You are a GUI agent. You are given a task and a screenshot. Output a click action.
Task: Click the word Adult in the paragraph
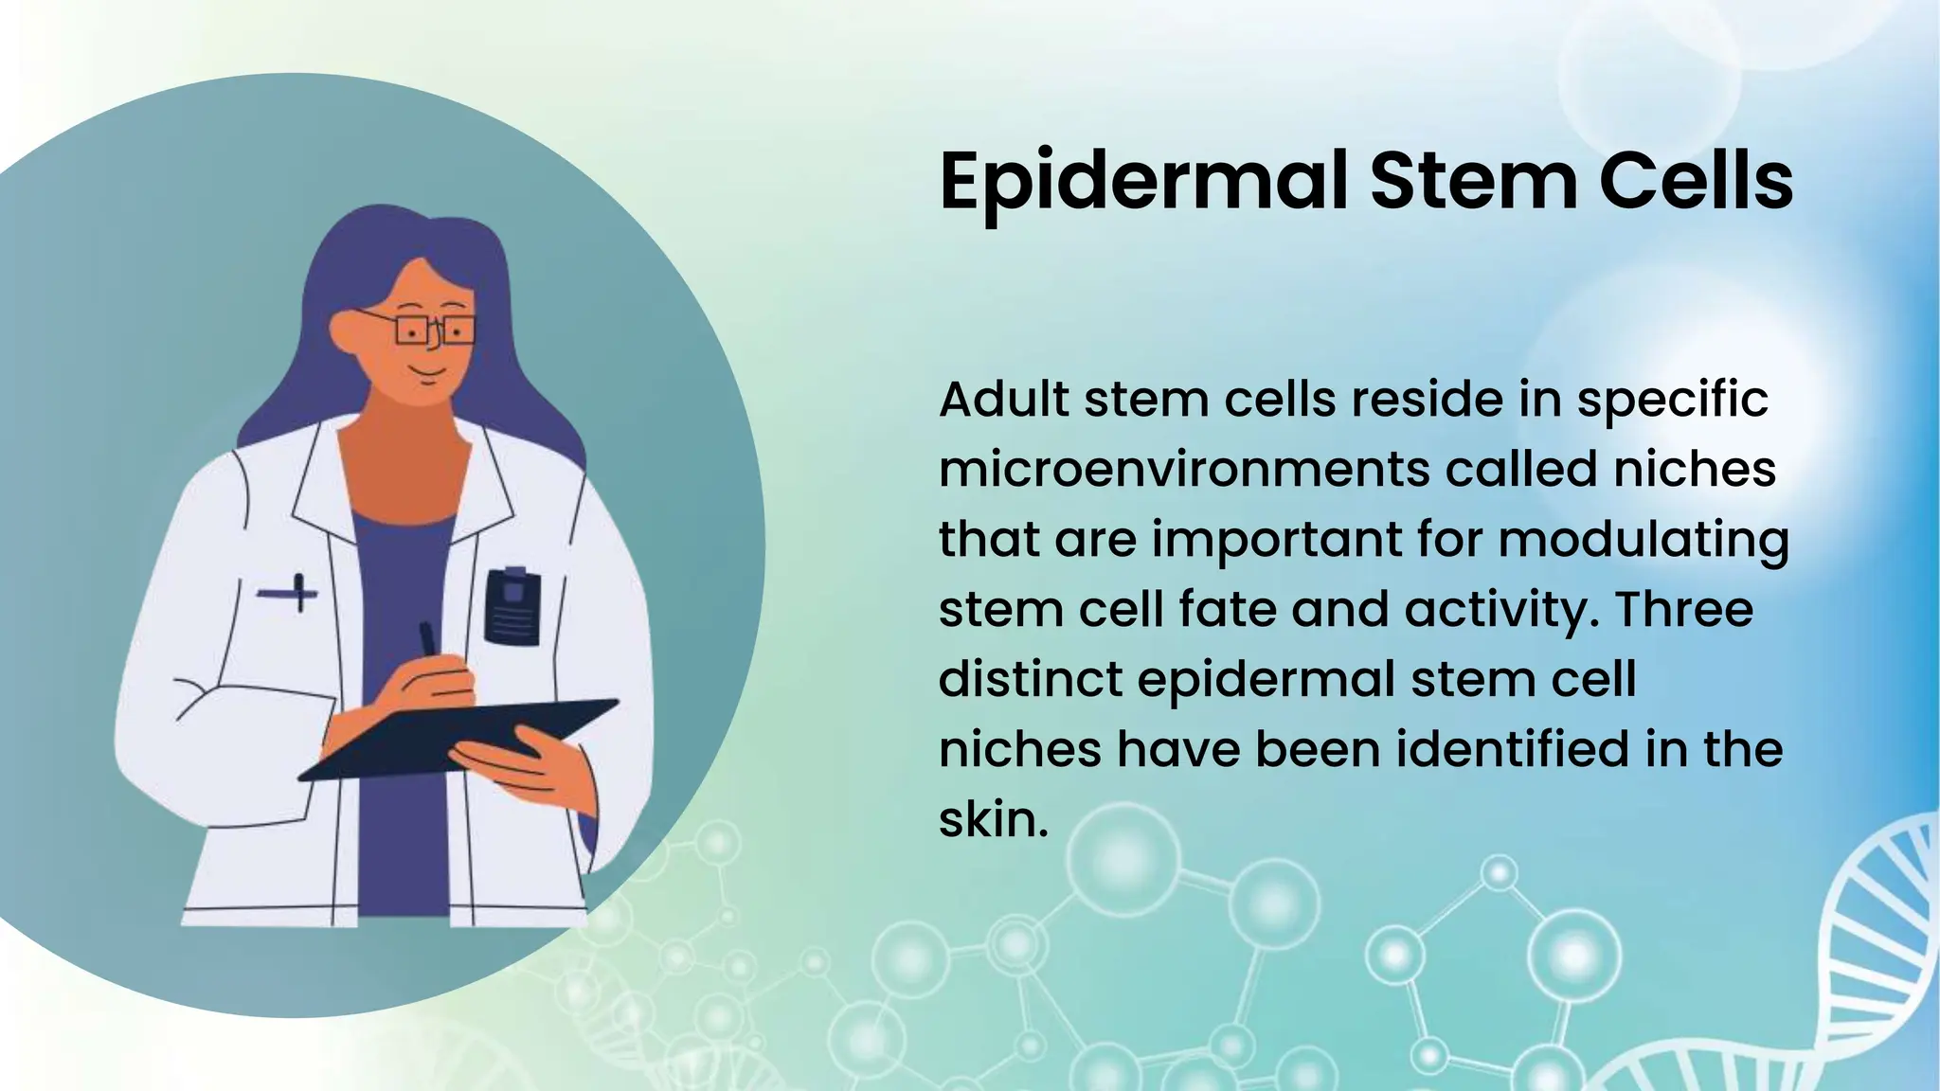tap(1003, 400)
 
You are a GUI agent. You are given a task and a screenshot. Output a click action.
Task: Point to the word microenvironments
tap(1183, 470)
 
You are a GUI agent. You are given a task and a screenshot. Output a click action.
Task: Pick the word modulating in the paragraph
tap(1644, 540)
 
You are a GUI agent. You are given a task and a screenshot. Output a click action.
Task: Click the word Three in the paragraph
tap(1683, 609)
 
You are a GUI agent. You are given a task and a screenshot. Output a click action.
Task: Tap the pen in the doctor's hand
tap(428, 638)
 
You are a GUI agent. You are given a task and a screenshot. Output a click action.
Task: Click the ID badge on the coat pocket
tap(512, 605)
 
